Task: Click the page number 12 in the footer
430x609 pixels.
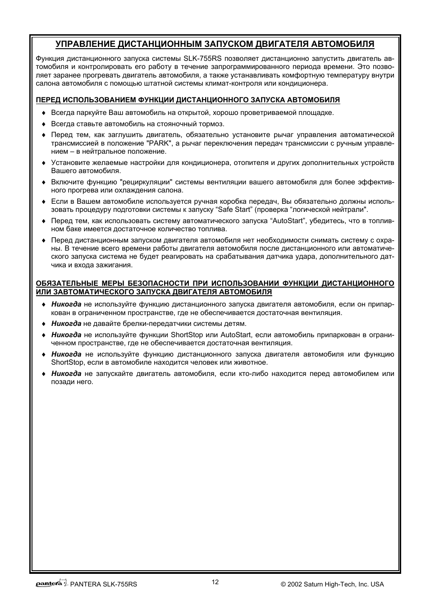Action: pos(215,582)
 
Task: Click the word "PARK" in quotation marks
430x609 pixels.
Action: pos(158,143)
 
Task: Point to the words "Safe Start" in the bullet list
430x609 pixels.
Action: pos(232,210)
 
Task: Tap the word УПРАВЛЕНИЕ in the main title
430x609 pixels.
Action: pos(82,44)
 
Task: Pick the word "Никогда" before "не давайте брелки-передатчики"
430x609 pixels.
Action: pos(66,324)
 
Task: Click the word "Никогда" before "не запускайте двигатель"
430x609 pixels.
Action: pos(66,374)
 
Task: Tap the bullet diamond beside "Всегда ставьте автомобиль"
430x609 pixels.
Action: pos(44,124)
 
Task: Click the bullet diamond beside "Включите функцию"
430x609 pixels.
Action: pos(44,182)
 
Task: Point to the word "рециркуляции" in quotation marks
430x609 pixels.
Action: pos(147,182)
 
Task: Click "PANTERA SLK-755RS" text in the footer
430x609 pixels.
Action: pos(104,584)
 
